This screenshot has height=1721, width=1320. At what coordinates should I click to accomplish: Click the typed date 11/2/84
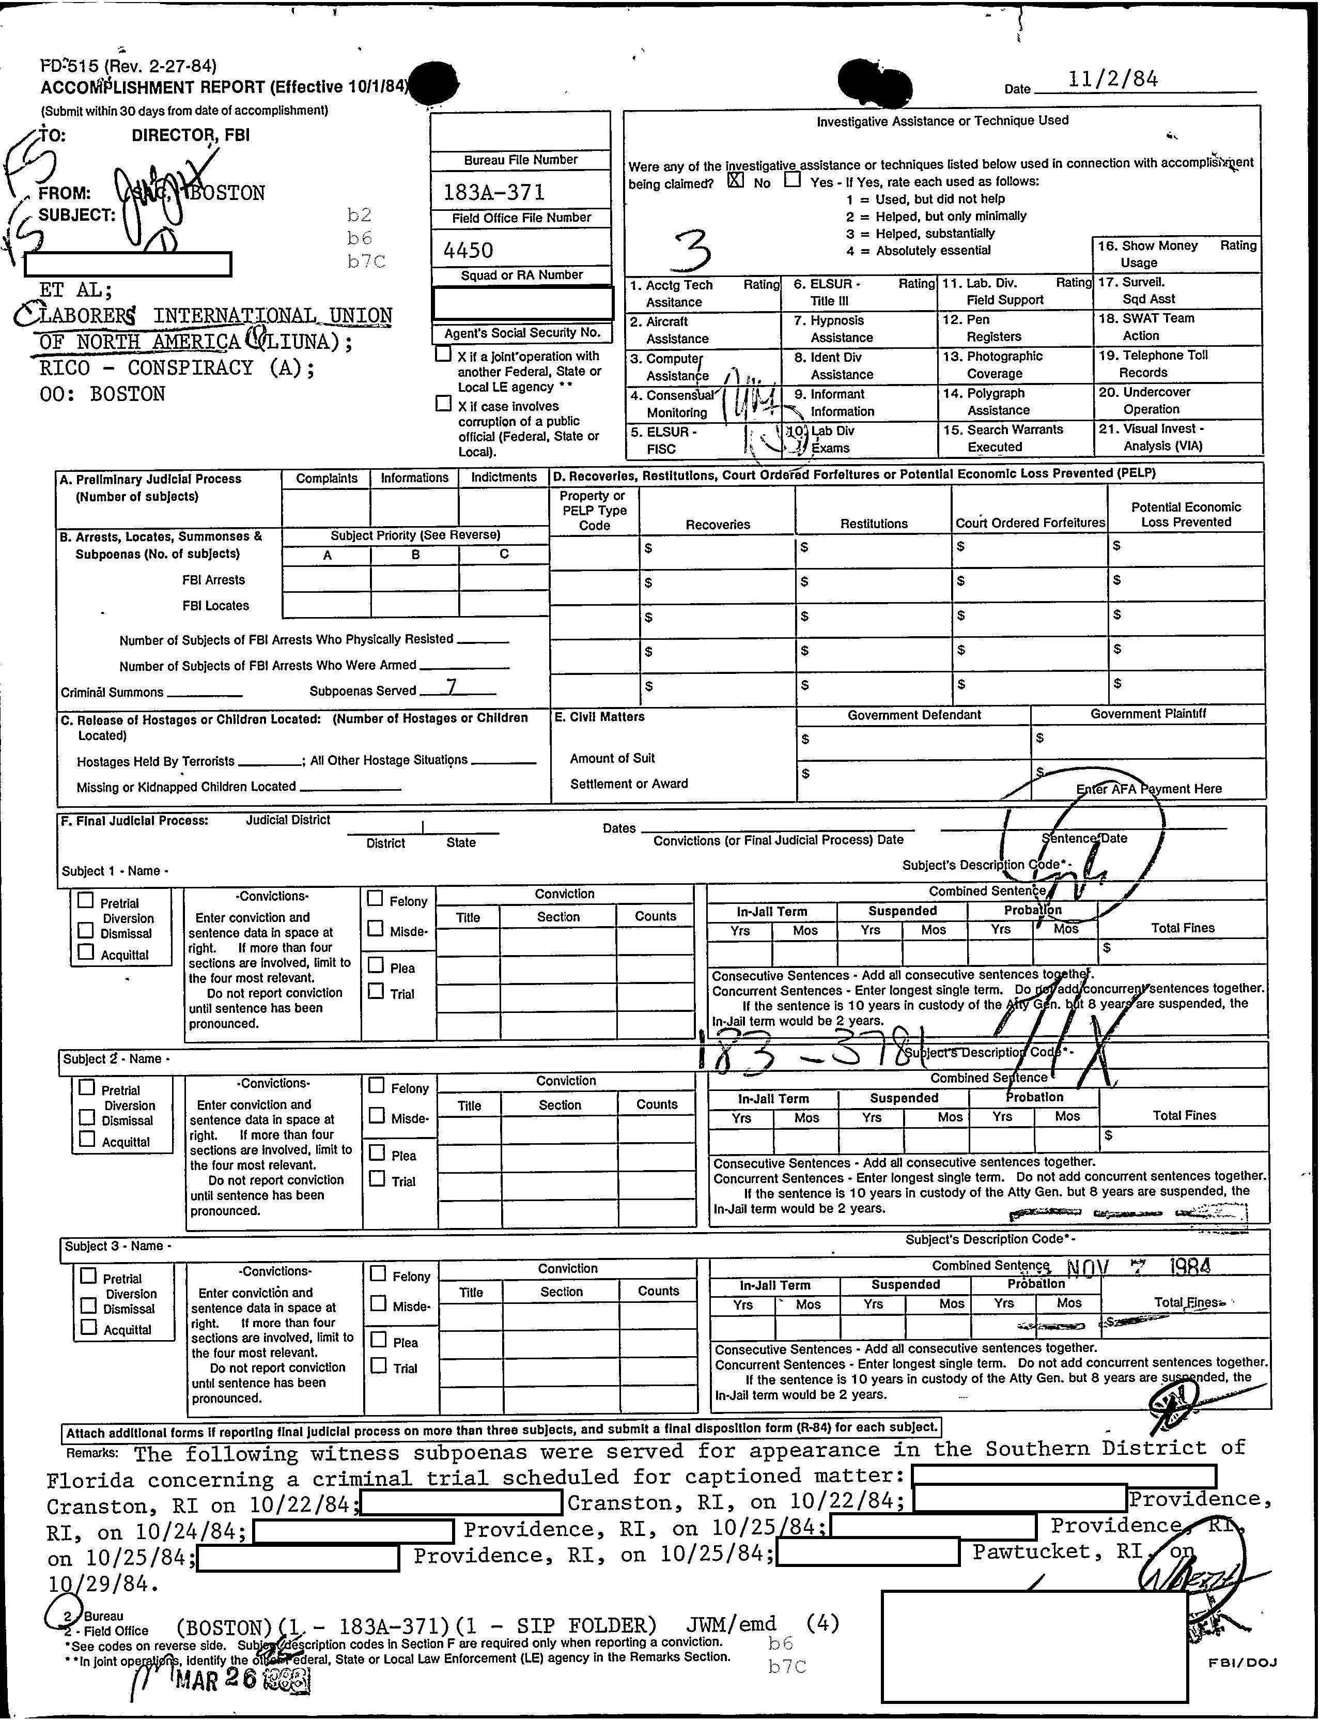point(1113,79)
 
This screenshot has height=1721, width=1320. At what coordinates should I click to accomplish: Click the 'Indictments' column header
point(504,477)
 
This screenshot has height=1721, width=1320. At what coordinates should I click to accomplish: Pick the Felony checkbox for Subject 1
point(376,898)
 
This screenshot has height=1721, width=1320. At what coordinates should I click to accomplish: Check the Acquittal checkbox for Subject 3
point(89,1327)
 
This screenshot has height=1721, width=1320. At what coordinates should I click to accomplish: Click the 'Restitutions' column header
point(873,524)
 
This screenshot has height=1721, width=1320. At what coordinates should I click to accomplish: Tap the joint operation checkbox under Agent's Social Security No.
point(443,355)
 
